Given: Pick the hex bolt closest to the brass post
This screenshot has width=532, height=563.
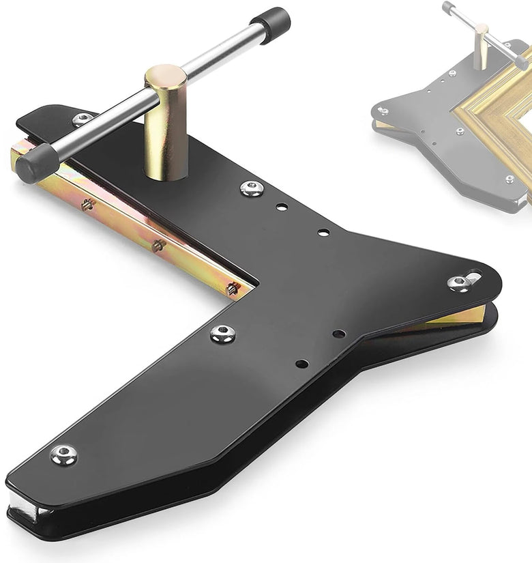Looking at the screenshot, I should (252, 188).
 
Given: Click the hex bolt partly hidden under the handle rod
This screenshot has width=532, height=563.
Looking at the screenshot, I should (83, 119).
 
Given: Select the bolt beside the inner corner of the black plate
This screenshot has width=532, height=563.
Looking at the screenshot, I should (222, 333).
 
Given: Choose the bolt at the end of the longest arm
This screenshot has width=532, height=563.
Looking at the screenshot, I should (64, 454).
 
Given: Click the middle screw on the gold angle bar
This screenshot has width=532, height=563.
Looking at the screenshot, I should (158, 245).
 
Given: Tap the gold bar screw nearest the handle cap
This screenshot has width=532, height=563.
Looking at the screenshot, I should (87, 204).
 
